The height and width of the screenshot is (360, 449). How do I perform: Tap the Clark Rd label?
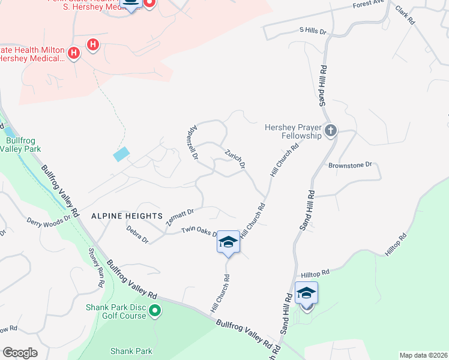[405, 14]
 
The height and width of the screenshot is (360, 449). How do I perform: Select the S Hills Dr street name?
[312, 31]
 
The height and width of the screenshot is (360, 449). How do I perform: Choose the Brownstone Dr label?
[351, 164]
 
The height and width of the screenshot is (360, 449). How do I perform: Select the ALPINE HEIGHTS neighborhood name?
[127, 215]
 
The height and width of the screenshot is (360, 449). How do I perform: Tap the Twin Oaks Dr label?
[199, 231]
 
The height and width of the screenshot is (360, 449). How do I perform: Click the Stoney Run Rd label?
[97, 266]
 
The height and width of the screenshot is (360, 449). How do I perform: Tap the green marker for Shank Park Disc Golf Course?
[155, 311]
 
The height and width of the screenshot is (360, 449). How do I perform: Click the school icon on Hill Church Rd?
[228, 242]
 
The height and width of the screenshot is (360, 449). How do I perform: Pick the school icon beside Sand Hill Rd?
[306, 293]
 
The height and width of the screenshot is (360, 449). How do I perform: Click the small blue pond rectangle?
[121, 154]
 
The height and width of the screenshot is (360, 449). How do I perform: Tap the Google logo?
[20, 353]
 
